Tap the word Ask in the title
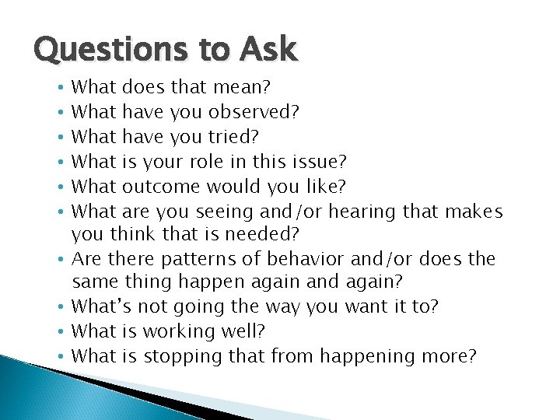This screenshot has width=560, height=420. click(268, 51)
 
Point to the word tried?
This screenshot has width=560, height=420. click(236, 137)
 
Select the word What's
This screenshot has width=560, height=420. click(99, 307)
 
